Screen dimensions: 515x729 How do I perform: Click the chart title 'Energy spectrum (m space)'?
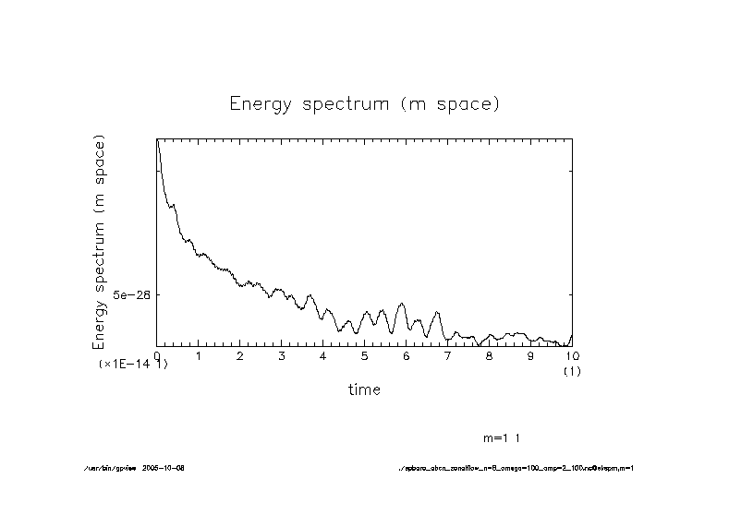[x=364, y=103]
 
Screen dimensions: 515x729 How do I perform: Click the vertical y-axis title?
[x=100, y=242]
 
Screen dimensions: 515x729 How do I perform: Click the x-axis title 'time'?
[x=364, y=389]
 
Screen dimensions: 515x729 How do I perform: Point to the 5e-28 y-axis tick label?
[x=130, y=294]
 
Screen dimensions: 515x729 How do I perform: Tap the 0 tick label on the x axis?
[x=157, y=354]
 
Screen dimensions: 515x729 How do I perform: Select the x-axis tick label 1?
[x=199, y=354]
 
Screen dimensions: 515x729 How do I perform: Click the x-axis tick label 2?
[x=240, y=354]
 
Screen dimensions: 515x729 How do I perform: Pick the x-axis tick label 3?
[x=282, y=354]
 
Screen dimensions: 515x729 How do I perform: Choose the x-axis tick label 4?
[x=323, y=354]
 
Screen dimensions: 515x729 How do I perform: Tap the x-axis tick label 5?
[x=365, y=354]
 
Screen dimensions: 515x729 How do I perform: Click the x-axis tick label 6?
[x=407, y=354]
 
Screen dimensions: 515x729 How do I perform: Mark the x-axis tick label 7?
[x=448, y=354]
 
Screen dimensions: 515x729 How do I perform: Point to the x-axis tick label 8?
[x=490, y=354]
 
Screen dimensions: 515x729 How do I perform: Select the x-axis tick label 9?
[x=531, y=354]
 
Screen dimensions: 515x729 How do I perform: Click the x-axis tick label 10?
[x=572, y=354]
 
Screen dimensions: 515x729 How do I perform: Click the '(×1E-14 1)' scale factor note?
[x=133, y=365]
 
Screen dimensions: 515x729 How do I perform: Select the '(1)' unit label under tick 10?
[x=572, y=371]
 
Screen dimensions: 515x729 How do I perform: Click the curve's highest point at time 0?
[x=157, y=139]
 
